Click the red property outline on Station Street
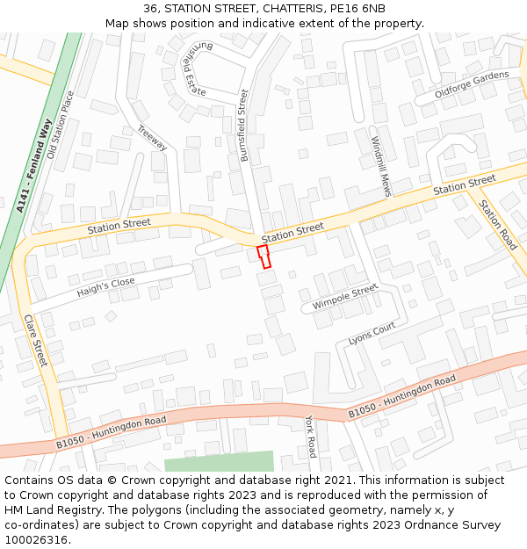[263, 256]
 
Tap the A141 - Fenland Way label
[34, 168]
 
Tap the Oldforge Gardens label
[472, 84]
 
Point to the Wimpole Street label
[345, 298]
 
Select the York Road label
[310, 437]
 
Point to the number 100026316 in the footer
[36, 539]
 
